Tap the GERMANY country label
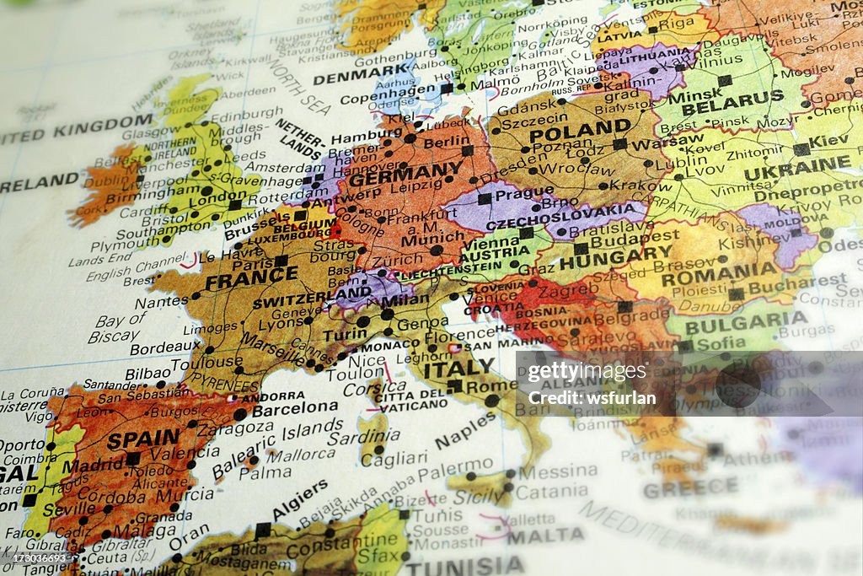point(406,174)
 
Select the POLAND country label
point(580,131)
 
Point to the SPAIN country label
point(143,439)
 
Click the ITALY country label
point(459,369)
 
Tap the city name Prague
point(524,193)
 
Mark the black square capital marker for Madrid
point(132,459)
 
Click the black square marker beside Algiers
point(263,529)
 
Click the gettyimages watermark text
point(587,372)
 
